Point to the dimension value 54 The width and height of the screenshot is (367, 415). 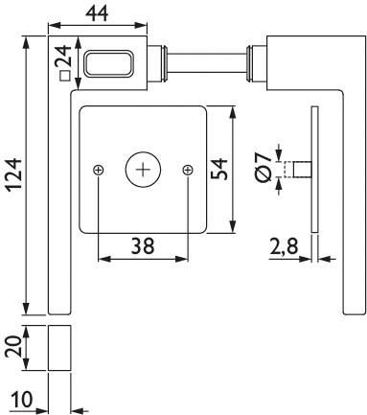point(218,169)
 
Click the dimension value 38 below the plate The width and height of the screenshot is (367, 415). point(143,245)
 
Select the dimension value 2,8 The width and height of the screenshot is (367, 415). point(286,247)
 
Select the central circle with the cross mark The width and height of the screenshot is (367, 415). point(143,170)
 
